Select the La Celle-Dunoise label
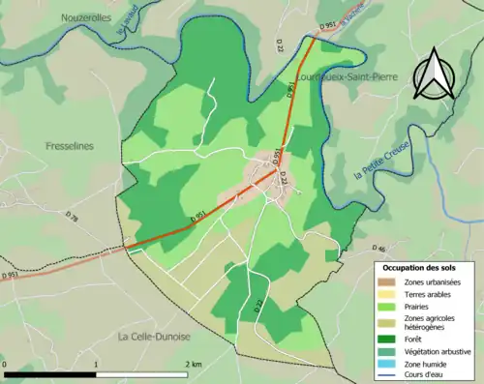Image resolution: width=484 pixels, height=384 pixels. click(x=155, y=337)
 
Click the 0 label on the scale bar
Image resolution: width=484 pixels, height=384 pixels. click(x=5, y=364)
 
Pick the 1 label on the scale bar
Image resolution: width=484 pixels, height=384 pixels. click(x=97, y=364)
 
